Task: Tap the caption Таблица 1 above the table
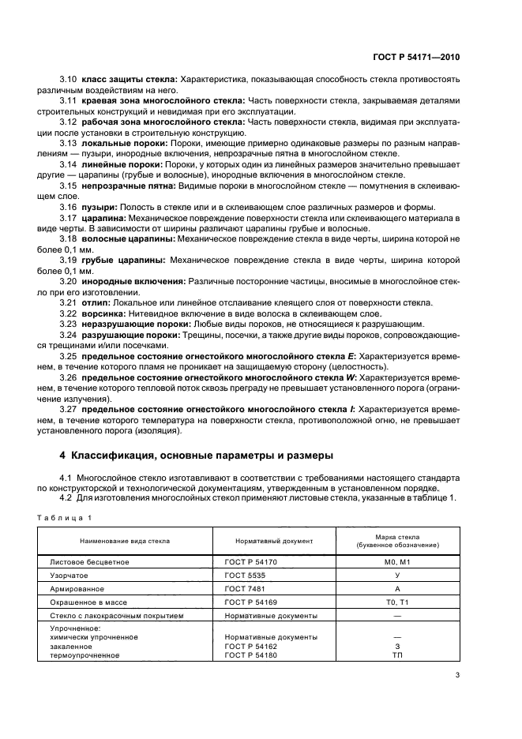(x=70, y=516)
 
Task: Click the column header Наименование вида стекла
(x=124, y=542)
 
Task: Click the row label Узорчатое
(x=70, y=576)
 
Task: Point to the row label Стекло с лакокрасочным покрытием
(x=116, y=615)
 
